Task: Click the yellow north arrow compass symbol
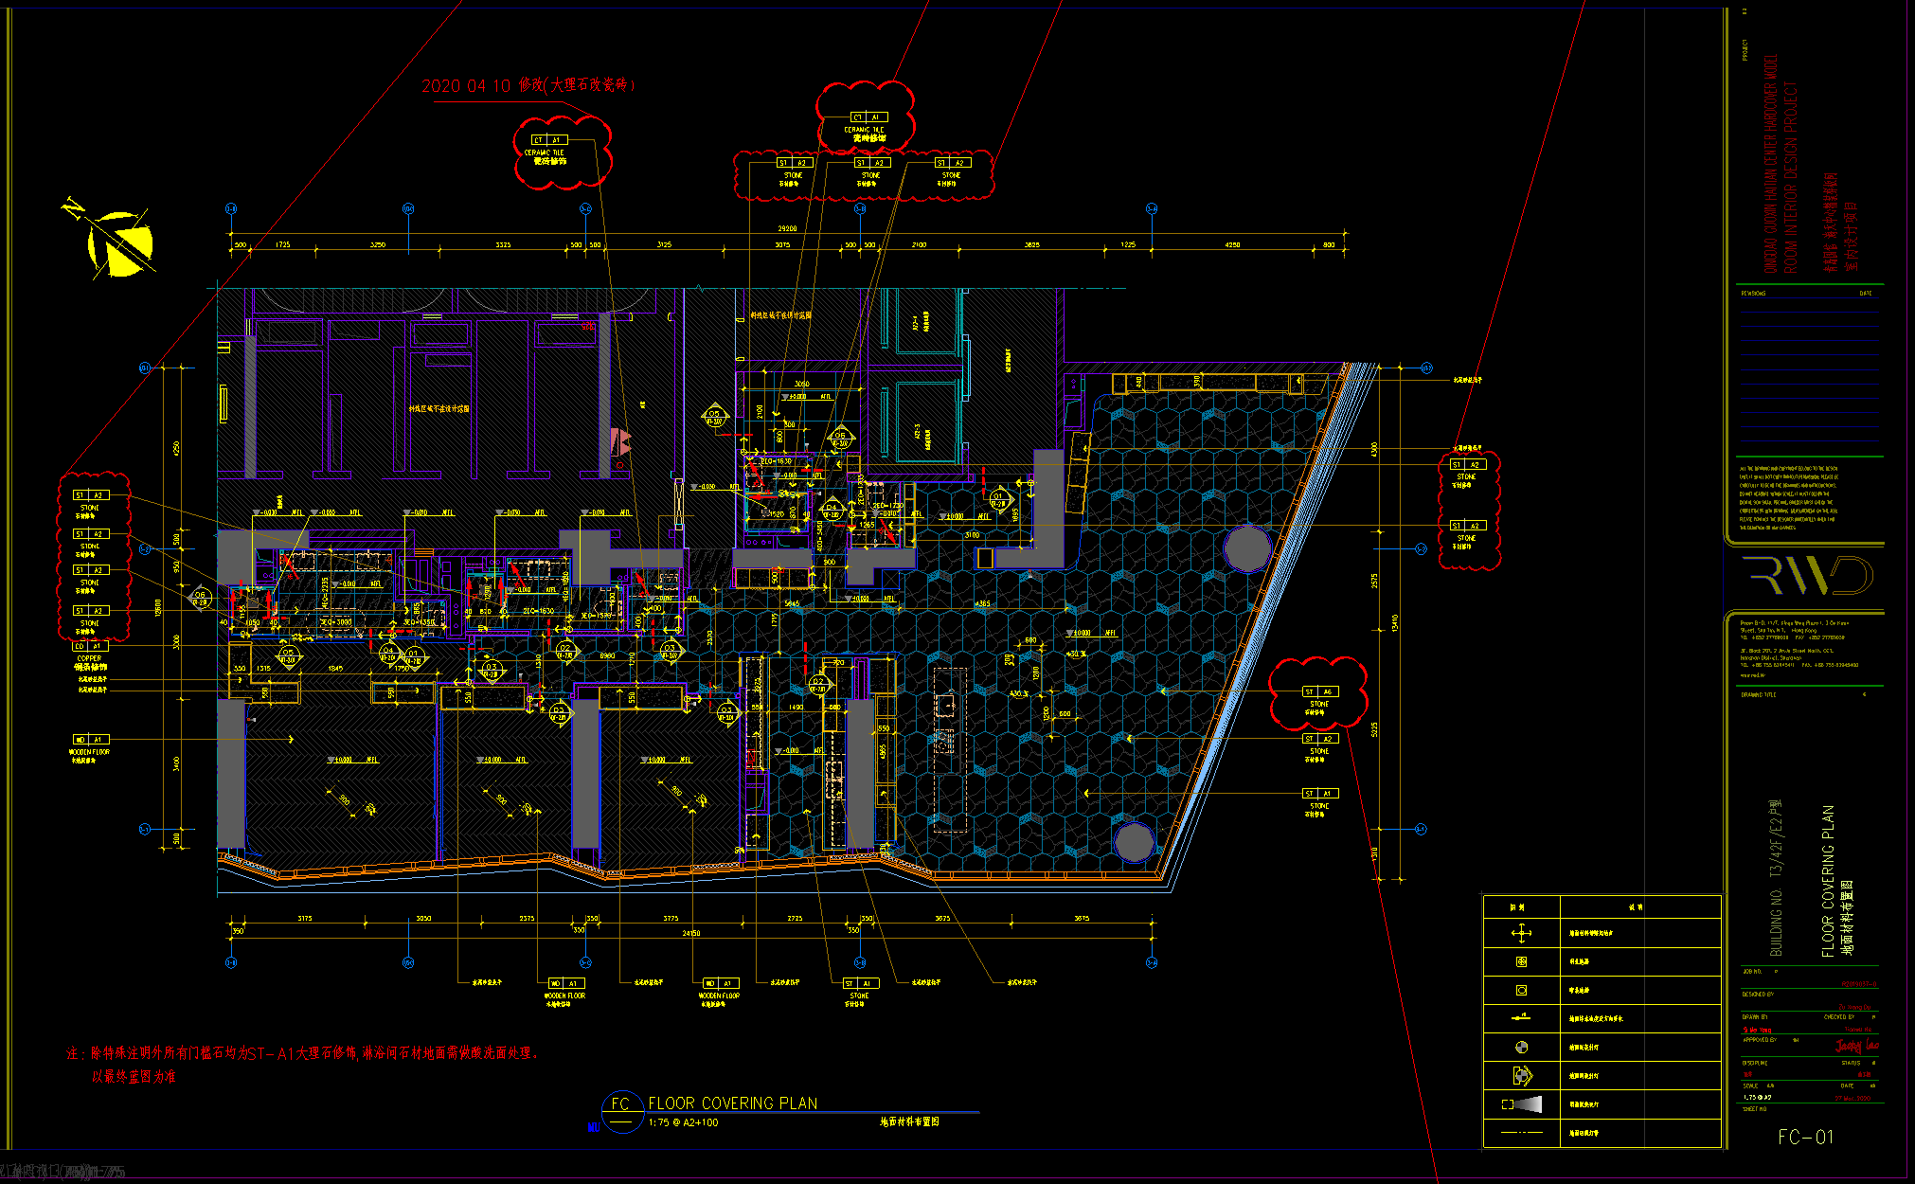(118, 242)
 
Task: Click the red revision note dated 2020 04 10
(528, 85)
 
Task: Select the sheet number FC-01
(1805, 1137)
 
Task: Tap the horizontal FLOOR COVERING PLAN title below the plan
(732, 1103)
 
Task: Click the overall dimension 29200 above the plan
(787, 228)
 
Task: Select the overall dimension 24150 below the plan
(691, 934)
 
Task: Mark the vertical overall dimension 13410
(1394, 623)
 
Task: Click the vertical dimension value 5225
(1374, 729)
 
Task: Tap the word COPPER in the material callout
(89, 658)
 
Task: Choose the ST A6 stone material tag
(1319, 692)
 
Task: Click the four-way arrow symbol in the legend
(1521, 934)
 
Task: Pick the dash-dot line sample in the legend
(1521, 1133)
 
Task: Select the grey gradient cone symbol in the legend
(1522, 1104)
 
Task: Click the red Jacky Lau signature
(1856, 1046)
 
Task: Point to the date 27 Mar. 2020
(1852, 1099)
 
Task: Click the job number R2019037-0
(1858, 984)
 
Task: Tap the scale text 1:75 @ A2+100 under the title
(683, 1123)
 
